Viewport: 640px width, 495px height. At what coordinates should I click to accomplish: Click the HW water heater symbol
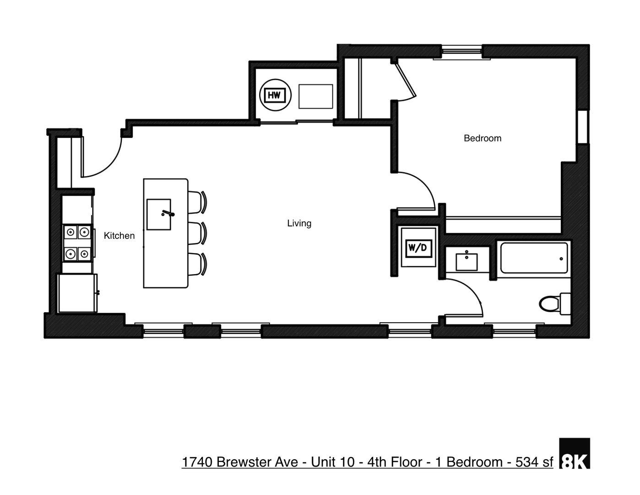[x=274, y=95]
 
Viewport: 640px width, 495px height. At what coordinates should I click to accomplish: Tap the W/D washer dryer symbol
[x=417, y=248]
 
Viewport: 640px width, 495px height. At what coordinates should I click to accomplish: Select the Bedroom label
[x=482, y=138]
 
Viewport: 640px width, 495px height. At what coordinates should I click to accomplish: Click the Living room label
[x=299, y=223]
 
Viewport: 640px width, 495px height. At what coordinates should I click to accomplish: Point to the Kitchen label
[x=119, y=236]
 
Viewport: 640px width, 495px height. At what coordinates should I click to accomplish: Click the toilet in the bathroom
[x=553, y=303]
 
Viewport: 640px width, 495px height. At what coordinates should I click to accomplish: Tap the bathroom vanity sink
[x=466, y=262]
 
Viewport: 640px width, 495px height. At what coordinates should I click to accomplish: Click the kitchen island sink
[x=158, y=214]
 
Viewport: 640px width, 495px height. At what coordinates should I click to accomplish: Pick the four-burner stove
[x=77, y=242]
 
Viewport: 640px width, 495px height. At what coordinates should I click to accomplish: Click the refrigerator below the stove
[x=77, y=293]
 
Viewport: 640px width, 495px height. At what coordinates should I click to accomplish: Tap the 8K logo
[x=575, y=454]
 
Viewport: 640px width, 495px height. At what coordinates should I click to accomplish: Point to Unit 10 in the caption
[x=333, y=462]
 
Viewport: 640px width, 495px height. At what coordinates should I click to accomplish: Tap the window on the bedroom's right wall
[x=583, y=127]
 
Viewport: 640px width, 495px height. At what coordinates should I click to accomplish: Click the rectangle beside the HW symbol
[x=315, y=96]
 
